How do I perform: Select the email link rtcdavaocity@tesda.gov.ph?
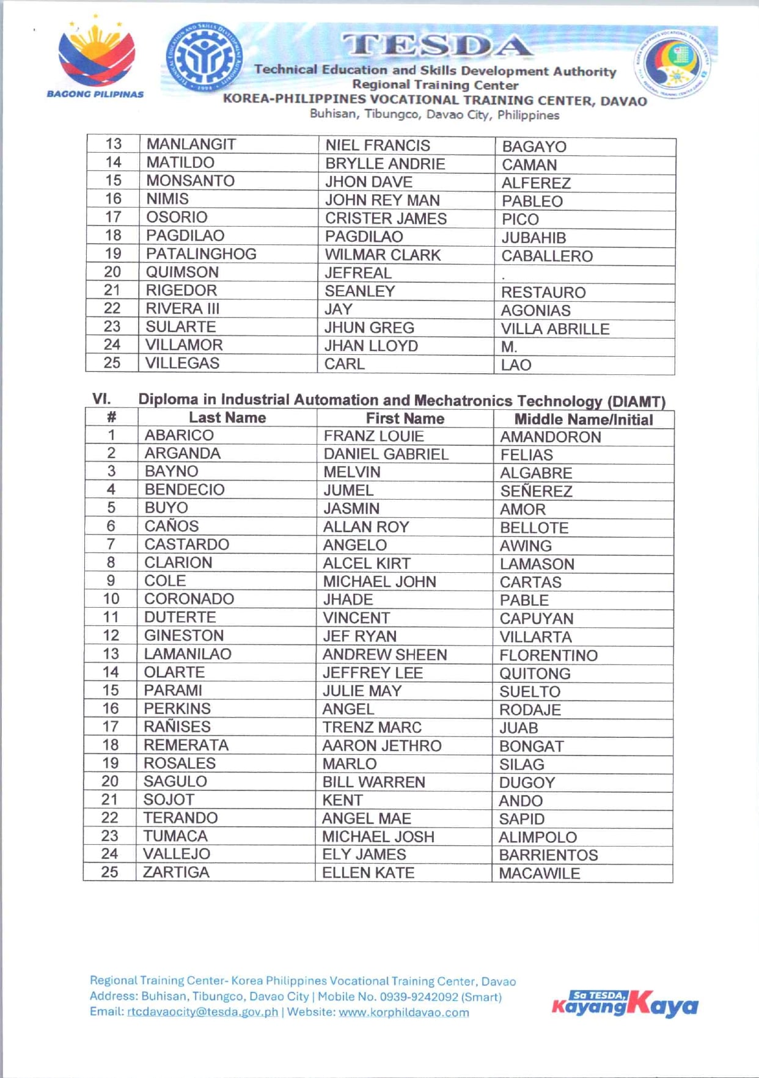click(x=202, y=1012)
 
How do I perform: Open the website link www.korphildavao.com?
click(x=404, y=1013)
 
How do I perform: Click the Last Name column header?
click(x=227, y=418)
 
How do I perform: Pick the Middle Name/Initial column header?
click(x=583, y=420)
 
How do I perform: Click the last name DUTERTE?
click(x=180, y=617)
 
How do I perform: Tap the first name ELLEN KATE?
click(x=369, y=873)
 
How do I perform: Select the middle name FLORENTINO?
click(x=548, y=655)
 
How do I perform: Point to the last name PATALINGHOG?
click(x=201, y=254)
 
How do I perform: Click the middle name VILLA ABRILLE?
click(x=555, y=329)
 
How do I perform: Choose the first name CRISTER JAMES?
click(x=386, y=219)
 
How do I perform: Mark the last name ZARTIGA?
click(x=176, y=872)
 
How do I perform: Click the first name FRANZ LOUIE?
click(x=373, y=436)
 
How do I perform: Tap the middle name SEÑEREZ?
click(x=536, y=491)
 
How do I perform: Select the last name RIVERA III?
click(x=182, y=308)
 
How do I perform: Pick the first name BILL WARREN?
click(x=373, y=782)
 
